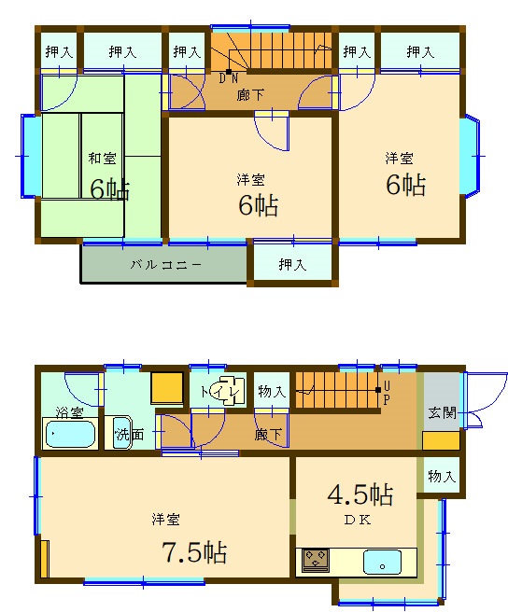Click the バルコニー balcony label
pos(165,265)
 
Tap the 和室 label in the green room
pos(102,158)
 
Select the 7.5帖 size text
pos(194,552)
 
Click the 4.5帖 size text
pos(360,494)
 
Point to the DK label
pos(358,520)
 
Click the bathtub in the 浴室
pos(70,433)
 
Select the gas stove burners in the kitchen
pos(316,560)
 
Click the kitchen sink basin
pos(382,562)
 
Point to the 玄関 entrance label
pos(443,413)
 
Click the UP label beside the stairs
pos(387,394)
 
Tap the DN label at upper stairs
pos(228,78)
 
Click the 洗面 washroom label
pos(130,434)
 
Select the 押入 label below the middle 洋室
pos(292,265)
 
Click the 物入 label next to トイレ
pos(272,391)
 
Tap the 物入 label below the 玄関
pos(442,476)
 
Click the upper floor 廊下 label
pos(250,95)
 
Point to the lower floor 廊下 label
pos(268,434)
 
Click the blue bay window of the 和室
pos(31,156)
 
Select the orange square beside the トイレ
pos(167,388)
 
